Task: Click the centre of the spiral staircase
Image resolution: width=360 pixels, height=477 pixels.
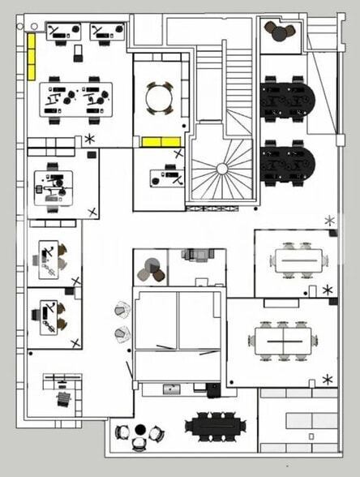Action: coord(222,169)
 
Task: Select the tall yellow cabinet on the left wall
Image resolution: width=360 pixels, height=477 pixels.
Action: coord(32,56)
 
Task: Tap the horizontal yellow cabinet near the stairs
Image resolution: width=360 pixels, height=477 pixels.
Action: coord(161,142)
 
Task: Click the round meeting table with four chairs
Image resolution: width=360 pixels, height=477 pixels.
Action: coord(160,98)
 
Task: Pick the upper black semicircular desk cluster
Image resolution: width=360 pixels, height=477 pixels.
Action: coord(287,99)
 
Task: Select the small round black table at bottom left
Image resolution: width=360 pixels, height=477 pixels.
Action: coord(139,429)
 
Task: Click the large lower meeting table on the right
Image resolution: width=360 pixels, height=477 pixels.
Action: coord(281,339)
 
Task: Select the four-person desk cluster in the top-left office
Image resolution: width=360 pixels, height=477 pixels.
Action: coord(76,98)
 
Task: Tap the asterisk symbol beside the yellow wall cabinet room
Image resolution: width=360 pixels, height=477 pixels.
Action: coord(89,139)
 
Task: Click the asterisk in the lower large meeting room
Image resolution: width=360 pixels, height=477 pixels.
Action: coord(328,379)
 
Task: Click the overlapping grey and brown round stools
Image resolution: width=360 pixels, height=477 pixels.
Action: coord(151,269)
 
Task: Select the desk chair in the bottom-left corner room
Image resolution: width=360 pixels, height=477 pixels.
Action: coord(64,399)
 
